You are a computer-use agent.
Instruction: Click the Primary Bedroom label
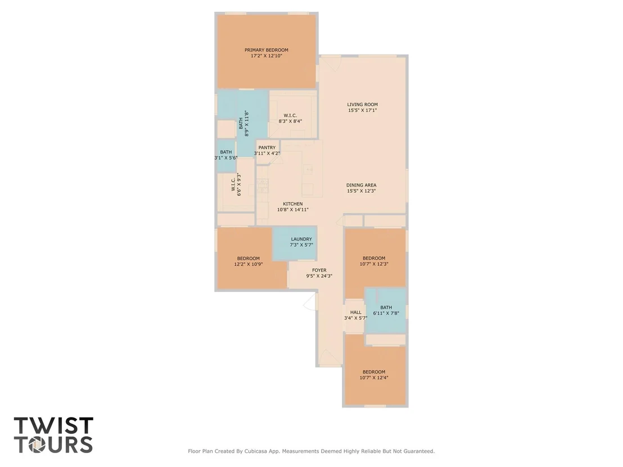[266, 50]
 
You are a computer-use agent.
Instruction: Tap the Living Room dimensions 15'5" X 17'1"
[362, 110]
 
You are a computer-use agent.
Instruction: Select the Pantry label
[267, 148]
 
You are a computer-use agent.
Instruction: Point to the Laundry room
[295, 243]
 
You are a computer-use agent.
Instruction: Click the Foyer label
[319, 270]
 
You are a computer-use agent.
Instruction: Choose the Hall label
[355, 312]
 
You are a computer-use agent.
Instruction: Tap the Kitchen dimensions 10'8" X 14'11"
[293, 210]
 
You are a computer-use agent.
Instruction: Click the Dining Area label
[361, 185]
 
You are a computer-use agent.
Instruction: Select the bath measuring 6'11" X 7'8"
[385, 310]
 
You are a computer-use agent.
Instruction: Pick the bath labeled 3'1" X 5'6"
[226, 155]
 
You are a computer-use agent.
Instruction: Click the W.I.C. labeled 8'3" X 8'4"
[293, 115]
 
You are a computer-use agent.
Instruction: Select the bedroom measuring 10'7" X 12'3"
[374, 258]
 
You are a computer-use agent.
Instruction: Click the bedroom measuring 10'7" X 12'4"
[374, 375]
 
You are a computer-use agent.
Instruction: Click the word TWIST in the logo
[53, 425]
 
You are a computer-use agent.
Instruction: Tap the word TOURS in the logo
[53, 445]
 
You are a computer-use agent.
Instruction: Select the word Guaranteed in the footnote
[419, 451]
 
